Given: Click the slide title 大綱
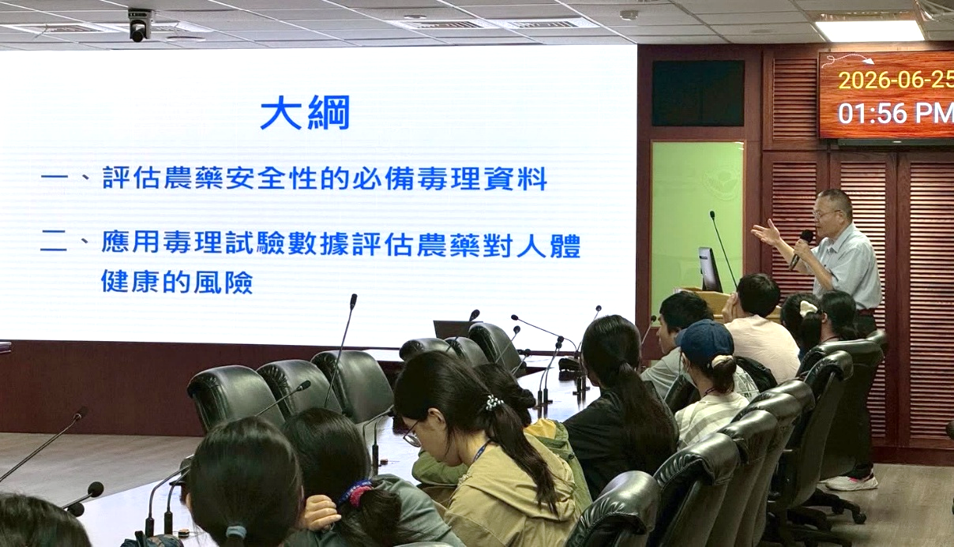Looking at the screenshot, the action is [305, 112].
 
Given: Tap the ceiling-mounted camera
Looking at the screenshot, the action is [138, 25].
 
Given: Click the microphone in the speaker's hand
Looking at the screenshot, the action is [801, 248].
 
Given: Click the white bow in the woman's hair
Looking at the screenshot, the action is [808, 308].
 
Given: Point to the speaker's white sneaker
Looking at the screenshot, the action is [851, 482].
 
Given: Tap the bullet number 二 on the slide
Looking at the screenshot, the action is [54, 243].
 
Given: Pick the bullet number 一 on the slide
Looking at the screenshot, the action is [54, 178].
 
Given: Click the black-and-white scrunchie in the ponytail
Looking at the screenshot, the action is [494, 402].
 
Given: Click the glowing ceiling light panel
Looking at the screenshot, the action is [869, 31].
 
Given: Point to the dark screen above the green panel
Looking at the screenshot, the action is [697, 93].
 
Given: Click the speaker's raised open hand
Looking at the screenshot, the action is [767, 234].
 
